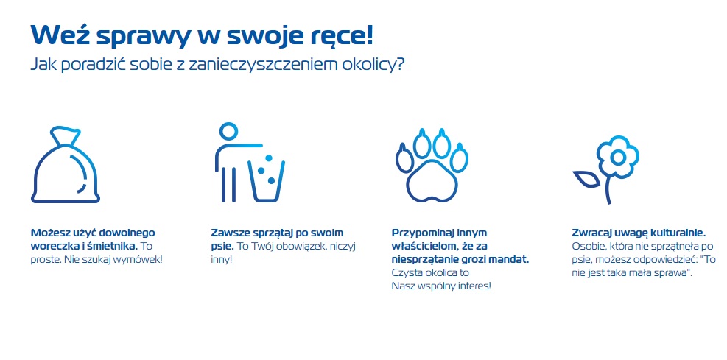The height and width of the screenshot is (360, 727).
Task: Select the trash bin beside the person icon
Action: click(x=267, y=180)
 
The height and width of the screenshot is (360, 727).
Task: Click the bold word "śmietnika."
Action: click(x=110, y=246)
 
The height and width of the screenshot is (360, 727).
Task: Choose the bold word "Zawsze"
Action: click(x=228, y=233)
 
